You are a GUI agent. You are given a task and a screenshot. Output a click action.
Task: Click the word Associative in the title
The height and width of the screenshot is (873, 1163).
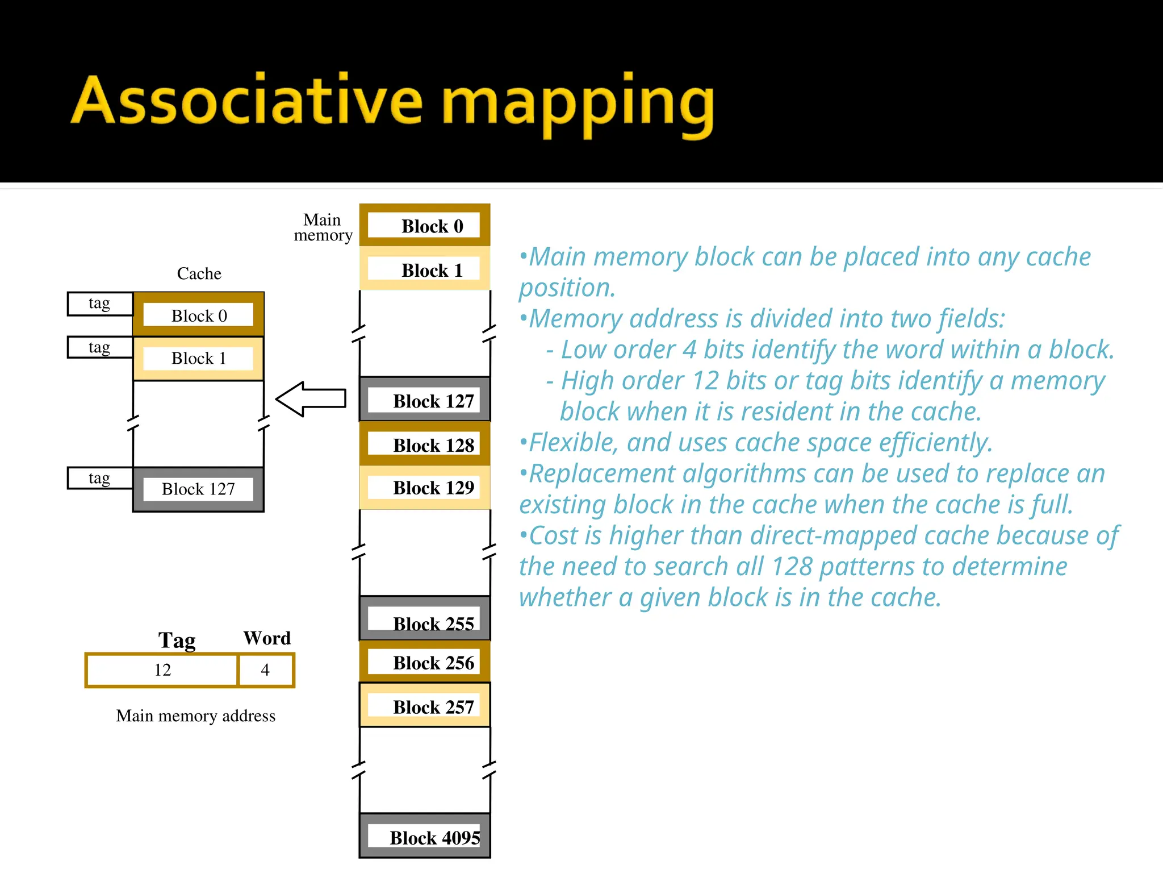click(247, 101)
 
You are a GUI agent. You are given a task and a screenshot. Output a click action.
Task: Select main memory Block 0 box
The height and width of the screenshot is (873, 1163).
click(425, 226)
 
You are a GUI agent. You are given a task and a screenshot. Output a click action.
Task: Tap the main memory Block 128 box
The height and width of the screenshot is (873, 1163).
click(425, 444)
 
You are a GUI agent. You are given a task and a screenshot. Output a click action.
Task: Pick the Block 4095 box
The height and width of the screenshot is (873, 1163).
click(425, 837)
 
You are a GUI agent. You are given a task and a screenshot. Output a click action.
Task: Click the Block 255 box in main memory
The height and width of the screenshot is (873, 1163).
click(425, 620)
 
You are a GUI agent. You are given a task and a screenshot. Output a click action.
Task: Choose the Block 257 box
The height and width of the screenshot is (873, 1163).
click(425, 706)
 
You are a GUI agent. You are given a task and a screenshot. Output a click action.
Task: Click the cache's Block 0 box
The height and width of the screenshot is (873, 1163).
click(199, 315)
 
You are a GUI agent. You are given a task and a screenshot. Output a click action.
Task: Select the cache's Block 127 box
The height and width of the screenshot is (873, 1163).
click(199, 489)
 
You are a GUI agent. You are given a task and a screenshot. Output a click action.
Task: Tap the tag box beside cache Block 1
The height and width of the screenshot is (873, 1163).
click(100, 347)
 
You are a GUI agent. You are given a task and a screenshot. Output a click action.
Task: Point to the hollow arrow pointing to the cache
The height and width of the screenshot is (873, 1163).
click(311, 399)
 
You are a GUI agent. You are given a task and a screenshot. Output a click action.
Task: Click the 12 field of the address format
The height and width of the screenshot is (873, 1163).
click(162, 670)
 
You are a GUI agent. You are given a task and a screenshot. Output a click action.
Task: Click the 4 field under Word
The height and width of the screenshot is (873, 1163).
click(265, 670)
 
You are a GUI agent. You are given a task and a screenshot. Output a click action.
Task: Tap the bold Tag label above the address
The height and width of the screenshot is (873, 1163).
click(177, 640)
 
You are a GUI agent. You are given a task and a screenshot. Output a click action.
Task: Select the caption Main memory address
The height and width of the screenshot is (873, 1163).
click(195, 716)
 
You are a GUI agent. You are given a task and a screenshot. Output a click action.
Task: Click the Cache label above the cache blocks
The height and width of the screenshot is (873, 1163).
click(199, 273)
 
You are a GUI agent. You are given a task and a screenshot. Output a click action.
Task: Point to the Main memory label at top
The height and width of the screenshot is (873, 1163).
click(323, 227)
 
